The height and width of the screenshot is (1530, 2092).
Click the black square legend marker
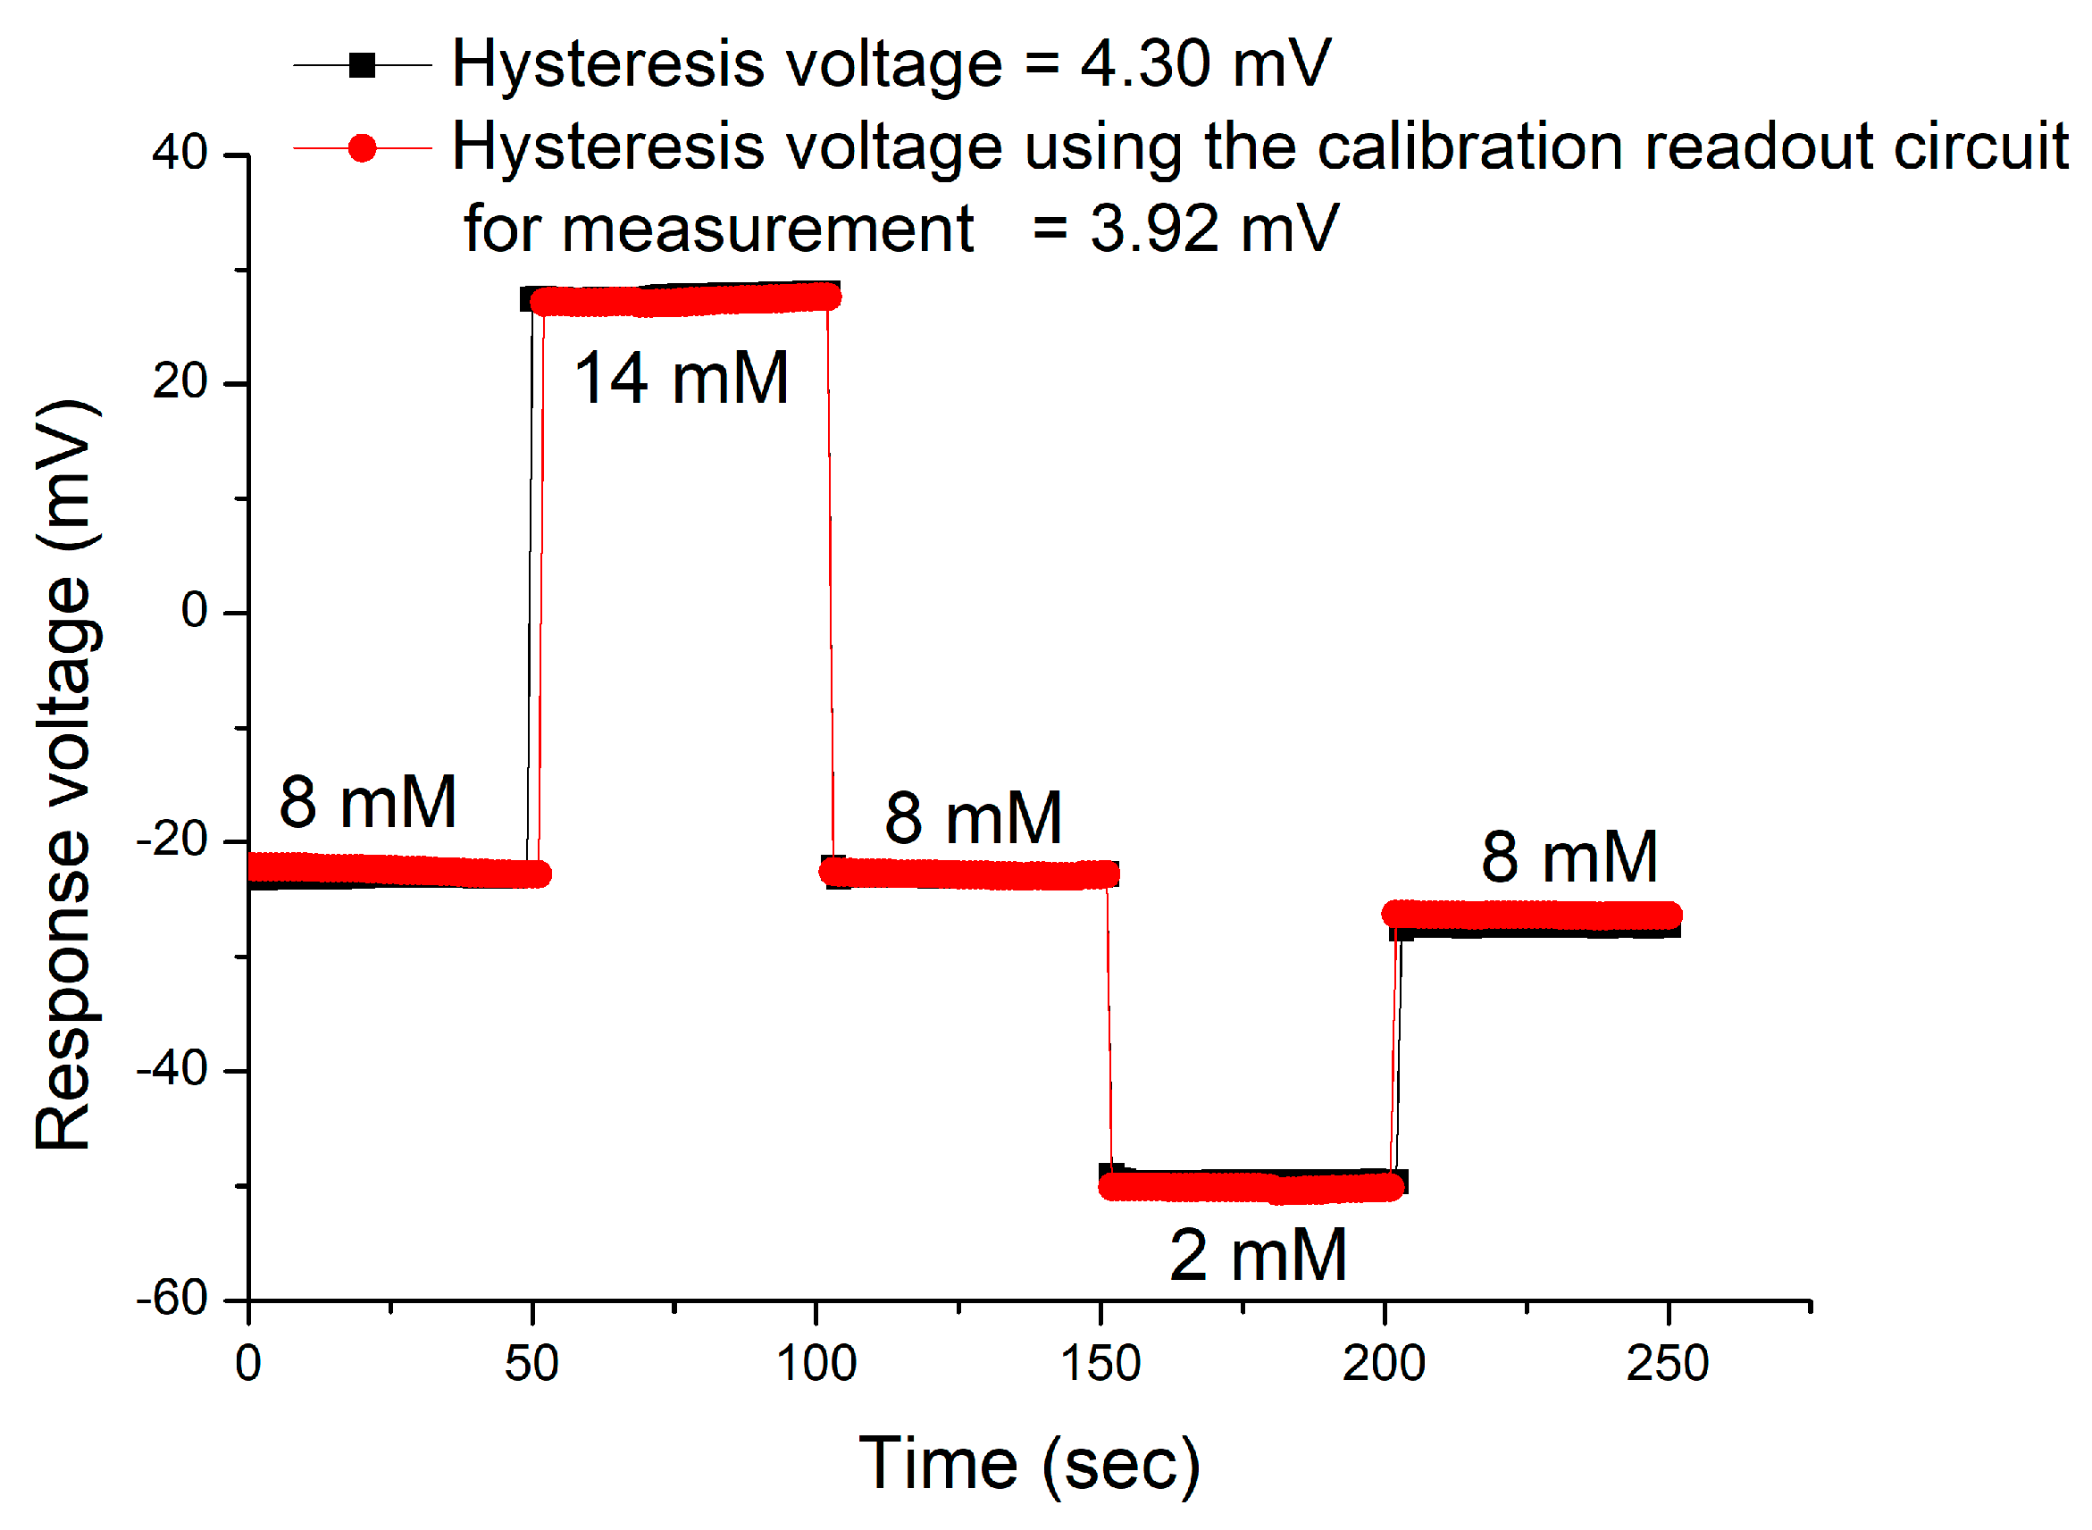(x=362, y=66)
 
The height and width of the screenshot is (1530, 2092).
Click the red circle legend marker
(x=362, y=148)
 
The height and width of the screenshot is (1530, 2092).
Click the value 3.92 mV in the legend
(x=1214, y=229)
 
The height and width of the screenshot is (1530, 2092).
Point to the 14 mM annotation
(x=682, y=379)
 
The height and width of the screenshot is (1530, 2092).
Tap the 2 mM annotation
(x=1258, y=1257)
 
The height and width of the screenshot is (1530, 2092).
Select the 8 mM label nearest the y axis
(x=368, y=802)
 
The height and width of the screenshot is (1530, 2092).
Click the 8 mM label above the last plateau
(x=1569, y=857)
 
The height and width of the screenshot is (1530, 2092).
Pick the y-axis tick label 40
(x=180, y=153)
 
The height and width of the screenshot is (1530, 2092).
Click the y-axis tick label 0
(x=195, y=611)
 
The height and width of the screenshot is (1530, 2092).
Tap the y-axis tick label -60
(x=172, y=1300)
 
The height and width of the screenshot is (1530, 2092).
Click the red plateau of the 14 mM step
(x=685, y=301)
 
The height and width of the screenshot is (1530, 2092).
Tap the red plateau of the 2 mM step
(x=1251, y=1188)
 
